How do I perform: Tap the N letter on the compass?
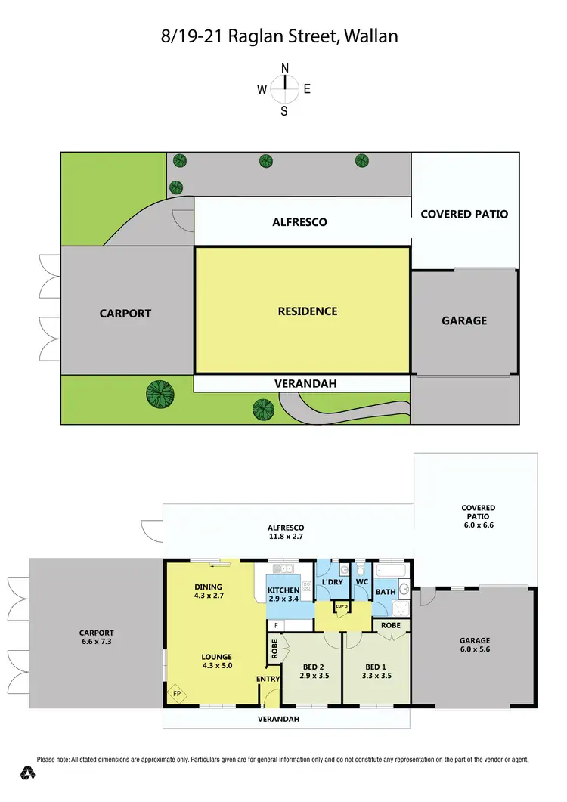click(285, 68)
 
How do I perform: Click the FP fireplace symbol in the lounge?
click(176, 693)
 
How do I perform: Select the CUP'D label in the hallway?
click(341, 606)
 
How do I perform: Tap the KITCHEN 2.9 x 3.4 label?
click(283, 594)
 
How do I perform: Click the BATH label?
click(386, 592)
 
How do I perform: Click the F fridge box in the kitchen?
click(276, 626)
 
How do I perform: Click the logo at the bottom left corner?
click(29, 773)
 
